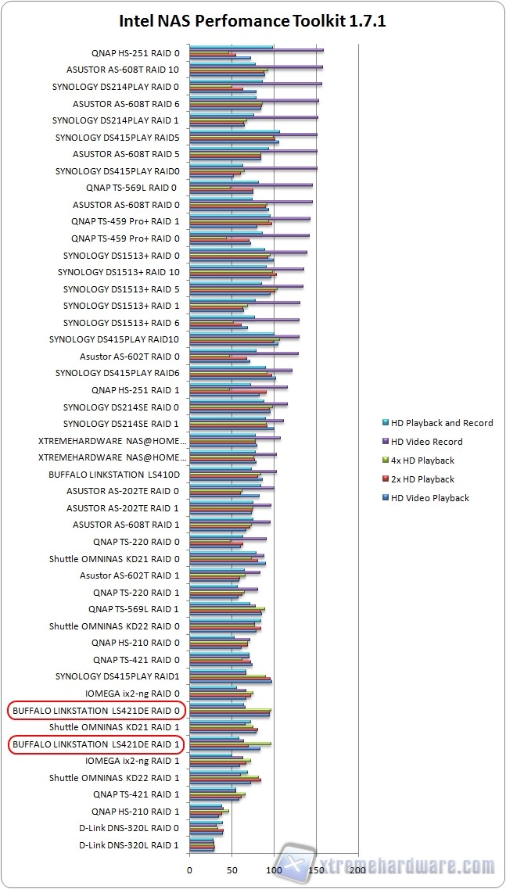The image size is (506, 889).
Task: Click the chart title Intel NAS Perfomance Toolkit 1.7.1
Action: click(x=252, y=21)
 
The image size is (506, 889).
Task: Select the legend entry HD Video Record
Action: click(x=426, y=442)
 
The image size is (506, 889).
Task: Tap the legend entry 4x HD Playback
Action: click(x=422, y=461)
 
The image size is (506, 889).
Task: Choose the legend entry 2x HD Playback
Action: click(x=422, y=479)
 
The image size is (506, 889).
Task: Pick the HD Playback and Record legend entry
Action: click(x=441, y=423)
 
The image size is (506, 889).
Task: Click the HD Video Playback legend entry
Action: click(x=429, y=498)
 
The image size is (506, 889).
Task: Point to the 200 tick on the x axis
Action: click(x=357, y=869)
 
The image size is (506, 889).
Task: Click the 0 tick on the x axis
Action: click(x=189, y=869)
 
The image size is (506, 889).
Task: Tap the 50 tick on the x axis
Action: click(x=231, y=869)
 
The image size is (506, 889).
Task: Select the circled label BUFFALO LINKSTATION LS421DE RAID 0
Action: click(x=97, y=711)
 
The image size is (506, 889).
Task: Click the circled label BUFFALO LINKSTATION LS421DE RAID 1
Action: click(x=97, y=744)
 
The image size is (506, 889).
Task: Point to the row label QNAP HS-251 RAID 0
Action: click(x=135, y=53)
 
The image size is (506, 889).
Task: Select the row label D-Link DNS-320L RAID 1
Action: click(x=129, y=845)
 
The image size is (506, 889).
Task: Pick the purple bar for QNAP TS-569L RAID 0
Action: click(x=251, y=185)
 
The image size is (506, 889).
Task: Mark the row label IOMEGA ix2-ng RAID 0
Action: click(x=132, y=694)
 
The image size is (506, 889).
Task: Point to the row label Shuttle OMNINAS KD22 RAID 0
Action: click(x=114, y=626)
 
